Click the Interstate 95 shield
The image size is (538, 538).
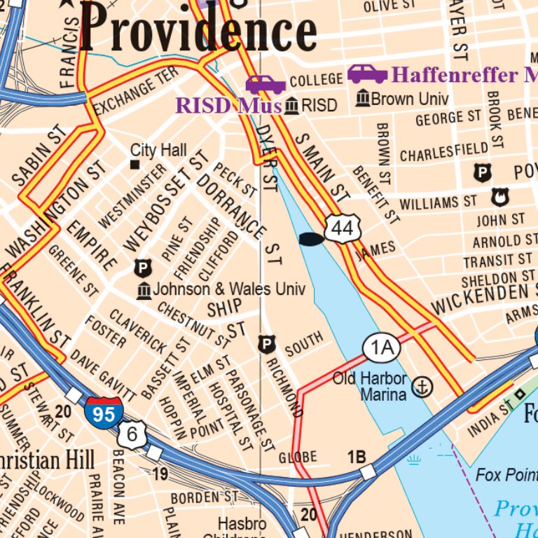tap(104, 412)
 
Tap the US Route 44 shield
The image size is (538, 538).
tap(343, 228)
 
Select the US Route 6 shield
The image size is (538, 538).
tap(132, 435)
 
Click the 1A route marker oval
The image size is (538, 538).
tap(381, 347)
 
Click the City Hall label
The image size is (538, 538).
tap(158, 150)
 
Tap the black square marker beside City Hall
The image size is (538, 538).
tap(135, 165)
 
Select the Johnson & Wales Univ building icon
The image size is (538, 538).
tap(144, 289)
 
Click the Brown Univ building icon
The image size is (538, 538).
tap(362, 99)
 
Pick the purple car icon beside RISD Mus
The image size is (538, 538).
tap(265, 84)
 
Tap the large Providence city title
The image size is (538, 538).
tap(198, 29)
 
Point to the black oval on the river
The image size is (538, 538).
tap(311, 240)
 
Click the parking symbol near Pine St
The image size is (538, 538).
tap(143, 268)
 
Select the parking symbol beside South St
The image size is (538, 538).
tap(266, 344)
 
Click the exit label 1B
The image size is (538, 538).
tap(357, 457)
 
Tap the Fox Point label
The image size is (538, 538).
tap(506, 475)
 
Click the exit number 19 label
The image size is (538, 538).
tap(160, 474)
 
